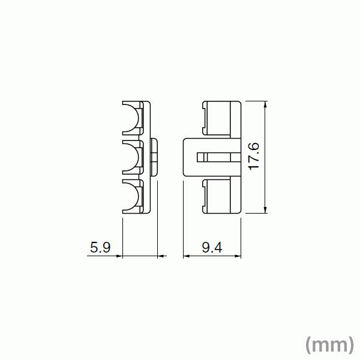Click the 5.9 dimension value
point(100,247)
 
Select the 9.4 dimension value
point(212,247)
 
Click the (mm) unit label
point(329,344)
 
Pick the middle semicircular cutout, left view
point(133,158)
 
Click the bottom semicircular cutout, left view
point(133,196)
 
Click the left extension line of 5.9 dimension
point(122,237)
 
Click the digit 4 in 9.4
point(218,247)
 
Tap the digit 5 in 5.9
point(94,247)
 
